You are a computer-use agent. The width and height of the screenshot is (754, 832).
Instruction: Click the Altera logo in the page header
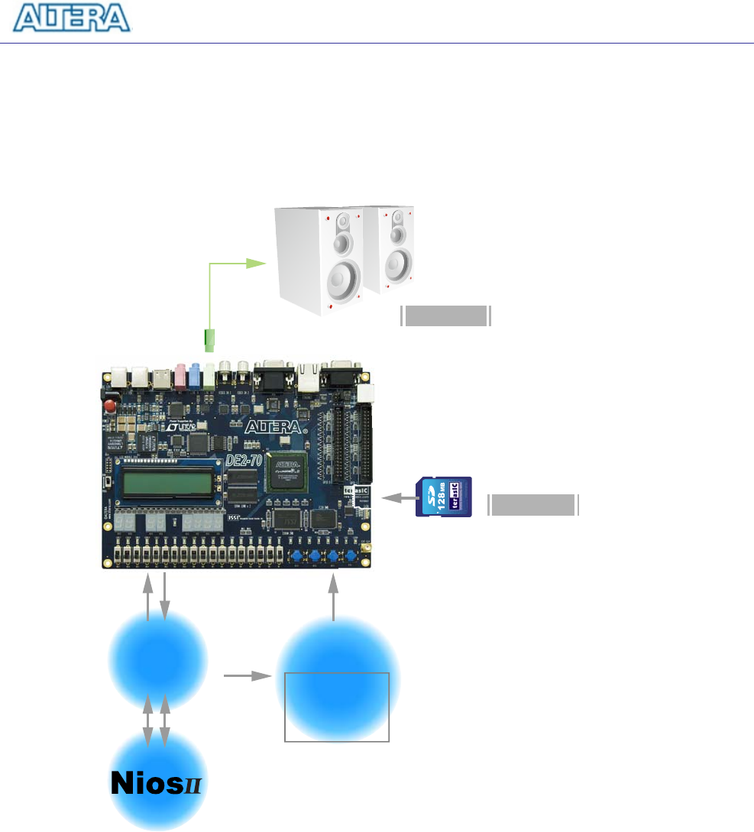point(73,18)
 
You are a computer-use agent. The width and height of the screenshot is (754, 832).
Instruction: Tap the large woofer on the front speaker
point(343,280)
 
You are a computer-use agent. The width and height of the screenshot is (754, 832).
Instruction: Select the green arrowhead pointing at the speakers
point(255,264)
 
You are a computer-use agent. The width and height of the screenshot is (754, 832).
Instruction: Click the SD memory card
point(444,497)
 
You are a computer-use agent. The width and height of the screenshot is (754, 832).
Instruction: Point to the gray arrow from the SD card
point(396,498)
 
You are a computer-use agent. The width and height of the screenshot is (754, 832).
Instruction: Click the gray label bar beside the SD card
point(532,505)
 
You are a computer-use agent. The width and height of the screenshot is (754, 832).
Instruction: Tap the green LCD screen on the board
point(166,483)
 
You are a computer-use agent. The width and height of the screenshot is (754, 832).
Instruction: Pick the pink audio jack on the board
point(181,375)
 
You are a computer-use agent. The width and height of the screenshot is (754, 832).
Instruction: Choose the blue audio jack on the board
point(196,375)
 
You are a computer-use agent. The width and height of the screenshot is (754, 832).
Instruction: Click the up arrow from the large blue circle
point(333,597)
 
